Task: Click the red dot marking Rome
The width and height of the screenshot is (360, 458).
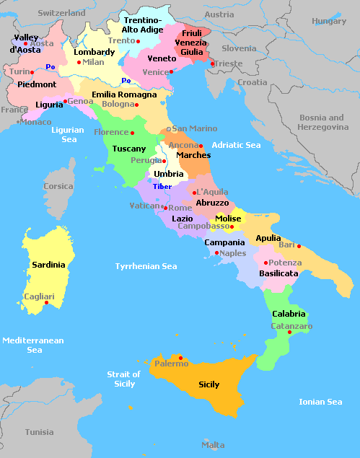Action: click(x=164, y=208)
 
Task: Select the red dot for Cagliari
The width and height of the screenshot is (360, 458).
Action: click(x=46, y=303)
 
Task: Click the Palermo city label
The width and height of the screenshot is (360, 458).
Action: click(x=171, y=364)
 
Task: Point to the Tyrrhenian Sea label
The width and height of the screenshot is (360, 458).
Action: click(x=146, y=266)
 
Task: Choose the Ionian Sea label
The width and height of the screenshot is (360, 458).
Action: click(x=320, y=402)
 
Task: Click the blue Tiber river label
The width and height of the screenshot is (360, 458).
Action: click(x=162, y=186)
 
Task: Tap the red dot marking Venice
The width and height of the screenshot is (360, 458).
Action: click(x=171, y=72)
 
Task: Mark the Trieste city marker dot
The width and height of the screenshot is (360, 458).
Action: click(x=211, y=63)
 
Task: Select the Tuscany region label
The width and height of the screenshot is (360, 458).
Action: click(x=129, y=149)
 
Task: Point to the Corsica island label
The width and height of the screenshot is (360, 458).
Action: click(x=58, y=186)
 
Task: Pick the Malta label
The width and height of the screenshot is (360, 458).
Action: click(x=213, y=445)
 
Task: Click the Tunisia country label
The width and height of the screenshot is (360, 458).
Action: click(x=39, y=432)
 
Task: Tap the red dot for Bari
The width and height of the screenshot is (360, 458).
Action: click(x=299, y=246)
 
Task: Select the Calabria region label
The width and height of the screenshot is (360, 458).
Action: click(x=289, y=314)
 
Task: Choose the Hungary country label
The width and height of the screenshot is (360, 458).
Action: click(x=329, y=21)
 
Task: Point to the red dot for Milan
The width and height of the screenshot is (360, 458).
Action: click(x=79, y=63)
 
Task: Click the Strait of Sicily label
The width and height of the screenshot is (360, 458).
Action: click(x=123, y=379)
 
